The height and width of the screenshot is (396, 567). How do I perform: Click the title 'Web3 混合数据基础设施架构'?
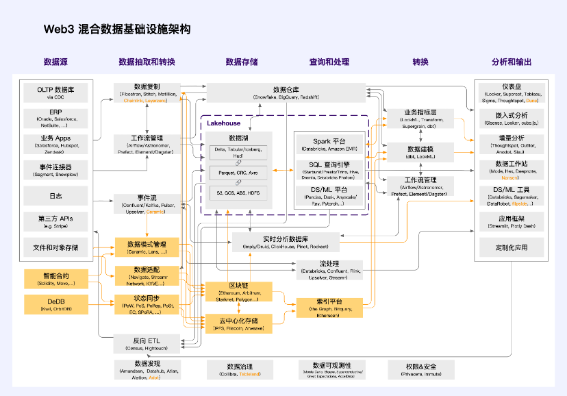click(x=117, y=29)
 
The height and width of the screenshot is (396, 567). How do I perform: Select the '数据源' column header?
click(x=55, y=62)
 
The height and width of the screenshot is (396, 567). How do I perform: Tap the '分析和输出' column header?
click(x=511, y=62)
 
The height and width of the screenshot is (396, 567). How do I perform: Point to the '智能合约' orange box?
click(x=55, y=279)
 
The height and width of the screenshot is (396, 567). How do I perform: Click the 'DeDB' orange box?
click(x=55, y=304)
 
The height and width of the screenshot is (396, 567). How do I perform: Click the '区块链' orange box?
click(x=239, y=290)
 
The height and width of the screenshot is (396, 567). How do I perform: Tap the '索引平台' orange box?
click(x=328, y=306)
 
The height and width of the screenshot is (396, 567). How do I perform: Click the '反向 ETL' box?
click(x=147, y=343)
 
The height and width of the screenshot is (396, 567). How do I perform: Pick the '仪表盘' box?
click(x=512, y=90)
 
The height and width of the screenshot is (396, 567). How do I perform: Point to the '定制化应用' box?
click(x=512, y=246)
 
